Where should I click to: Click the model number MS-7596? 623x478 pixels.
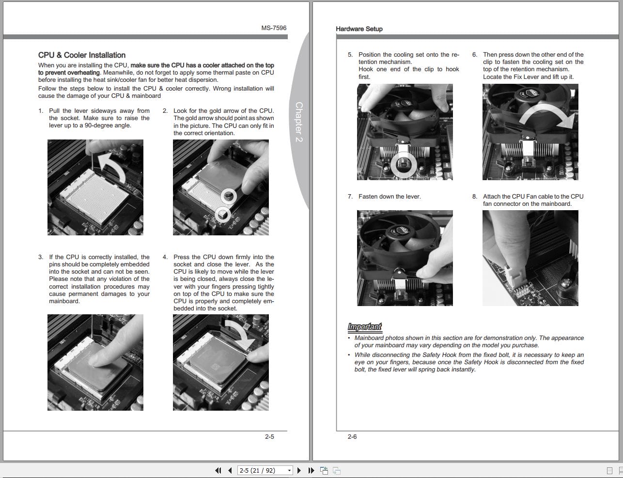tap(274, 28)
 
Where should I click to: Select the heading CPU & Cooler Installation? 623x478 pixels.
tap(82, 55)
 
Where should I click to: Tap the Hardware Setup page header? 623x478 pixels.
tap(359, 29)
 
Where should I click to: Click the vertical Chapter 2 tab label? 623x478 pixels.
tap(299, 122)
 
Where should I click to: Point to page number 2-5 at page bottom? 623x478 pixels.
tap(269, 436)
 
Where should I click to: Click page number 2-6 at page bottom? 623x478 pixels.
tap(352, 436)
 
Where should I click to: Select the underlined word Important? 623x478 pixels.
tap(364, 327)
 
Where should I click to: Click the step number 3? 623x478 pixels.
tap(40, 257)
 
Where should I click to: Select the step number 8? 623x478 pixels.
tap(475, 197)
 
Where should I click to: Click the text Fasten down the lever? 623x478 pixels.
tap(389, 197)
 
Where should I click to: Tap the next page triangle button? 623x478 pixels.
tap(299, 470)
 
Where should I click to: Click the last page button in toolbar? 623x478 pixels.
tap(311, 470)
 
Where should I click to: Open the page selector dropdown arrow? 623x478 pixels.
tap(289, 470)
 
